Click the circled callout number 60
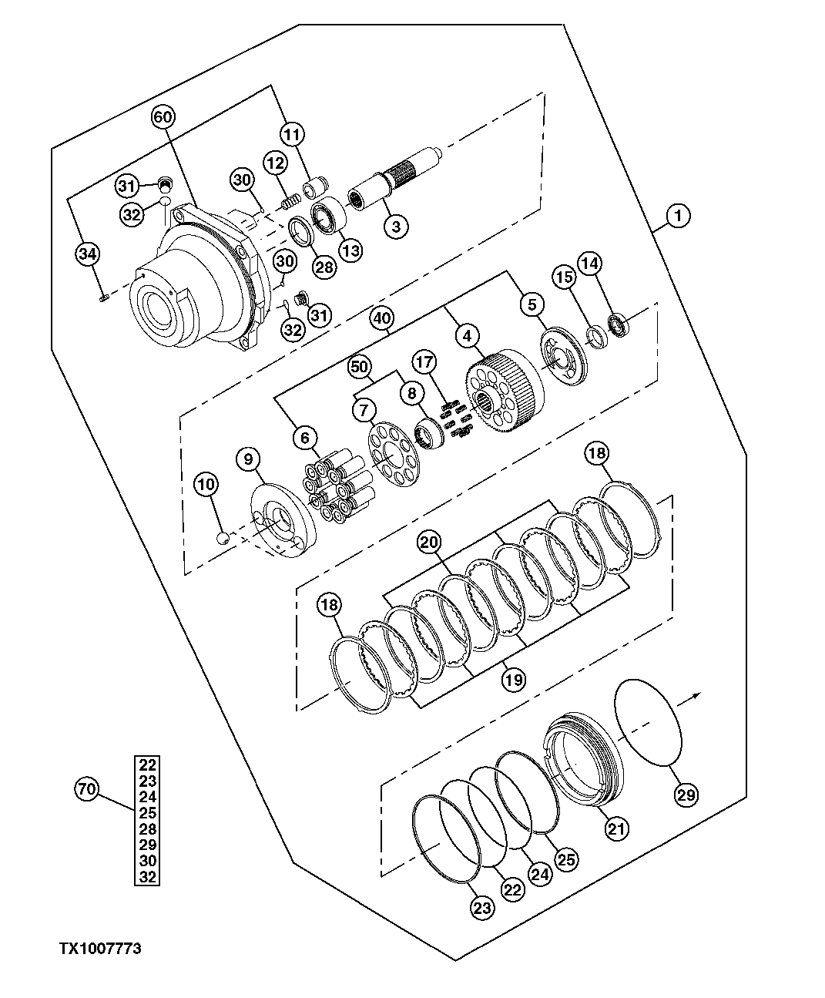pyautogui.click(x=163, y=117)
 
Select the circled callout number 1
pyautogui.click(x=678, y=217)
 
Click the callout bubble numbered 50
pyautogui.click(x=359, y=366)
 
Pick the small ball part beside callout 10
pyautogui.click(x=223, y=538)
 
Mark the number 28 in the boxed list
pyautogui.click(x=148, y=829)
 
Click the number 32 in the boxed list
pyautogui.click(x=148, y=877)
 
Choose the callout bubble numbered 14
pyautogui.click(x=590, y=264)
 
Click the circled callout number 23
pyautogui.click(x=481, y=909)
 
